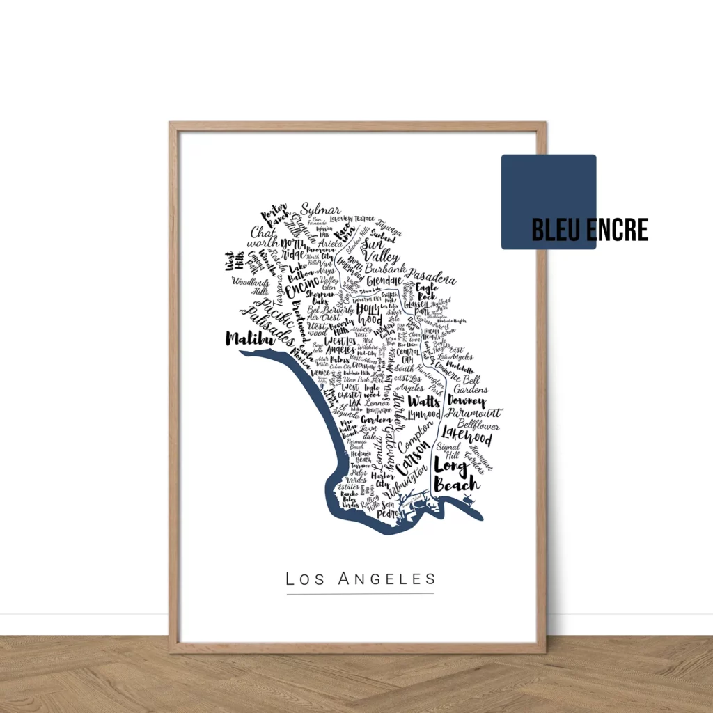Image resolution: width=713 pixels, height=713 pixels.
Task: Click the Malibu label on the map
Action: [x=246, y=339]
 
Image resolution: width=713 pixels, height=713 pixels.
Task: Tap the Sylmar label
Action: [x=321, y=210]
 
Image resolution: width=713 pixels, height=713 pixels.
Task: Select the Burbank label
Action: [x=385, y=268]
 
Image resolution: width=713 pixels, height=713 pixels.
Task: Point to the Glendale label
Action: [x=385, y=281]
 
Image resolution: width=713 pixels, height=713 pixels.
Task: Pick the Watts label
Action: [x=423, y=402]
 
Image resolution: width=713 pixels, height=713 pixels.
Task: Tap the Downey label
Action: [x=466, y=402]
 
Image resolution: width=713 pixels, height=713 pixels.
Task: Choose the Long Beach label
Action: [x=456, y=473]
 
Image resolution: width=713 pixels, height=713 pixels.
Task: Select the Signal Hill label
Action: [x=448, y=450]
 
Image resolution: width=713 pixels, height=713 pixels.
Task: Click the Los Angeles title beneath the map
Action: [x=361, y=579]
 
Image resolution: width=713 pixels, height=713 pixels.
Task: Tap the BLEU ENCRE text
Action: [x=589, y=230]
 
